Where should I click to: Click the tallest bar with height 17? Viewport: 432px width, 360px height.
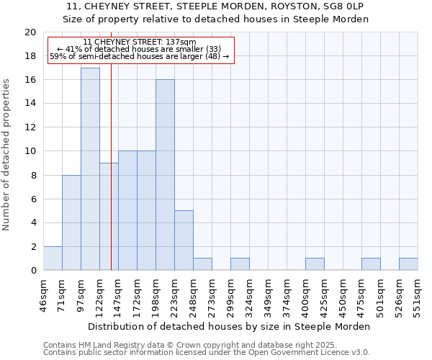pyautogui.click(x=90, y=169)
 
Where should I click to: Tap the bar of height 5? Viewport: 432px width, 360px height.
pyautogui.click(x=184, y=240)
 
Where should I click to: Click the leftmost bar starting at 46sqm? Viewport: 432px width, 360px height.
pyautogui.click(x=53, y=258)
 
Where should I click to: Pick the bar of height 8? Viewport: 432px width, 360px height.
pyautogui.click(x=71, y=222)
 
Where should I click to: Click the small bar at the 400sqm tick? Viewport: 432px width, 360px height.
pyautogui.click(x=315, y=264)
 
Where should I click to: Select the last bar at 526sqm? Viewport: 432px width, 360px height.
pyautogui.click(x=408, y=264)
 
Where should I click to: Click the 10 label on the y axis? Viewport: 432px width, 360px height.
pyautogui.click(x=30, y=151)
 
